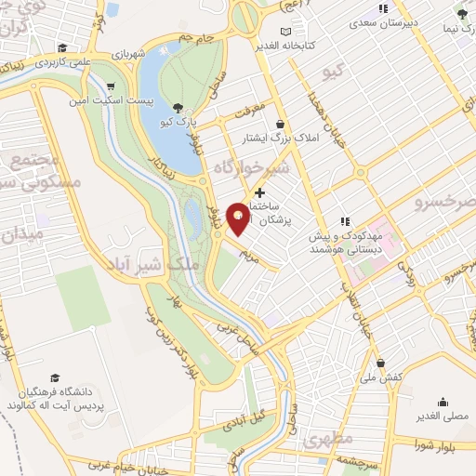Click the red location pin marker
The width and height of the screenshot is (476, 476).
[x=239, y=218]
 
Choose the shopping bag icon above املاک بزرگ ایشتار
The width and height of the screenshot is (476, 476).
[x=279, y=123]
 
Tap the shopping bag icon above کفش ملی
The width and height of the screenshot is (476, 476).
[x=380, y=362]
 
